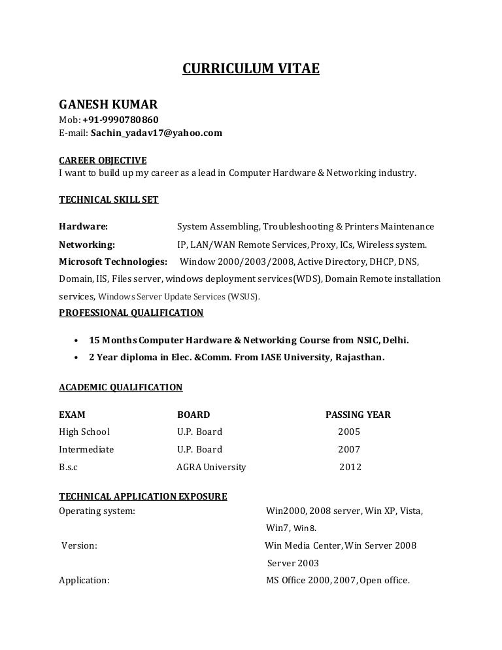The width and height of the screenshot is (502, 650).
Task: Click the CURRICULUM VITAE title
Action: click(250, 69)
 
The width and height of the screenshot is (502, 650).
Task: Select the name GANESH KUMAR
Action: click(108, 104)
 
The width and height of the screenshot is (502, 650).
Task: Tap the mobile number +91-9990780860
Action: click(120, 120)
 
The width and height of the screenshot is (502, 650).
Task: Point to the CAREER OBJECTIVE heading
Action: click(103, 160)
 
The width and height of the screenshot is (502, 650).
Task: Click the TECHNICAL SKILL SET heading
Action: click(109, 199)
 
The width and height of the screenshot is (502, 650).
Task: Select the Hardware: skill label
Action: click(83, 227)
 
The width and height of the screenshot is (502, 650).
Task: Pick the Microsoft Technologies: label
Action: click(112, 262)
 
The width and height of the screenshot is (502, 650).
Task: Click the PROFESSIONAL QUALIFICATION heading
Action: click(131, 313)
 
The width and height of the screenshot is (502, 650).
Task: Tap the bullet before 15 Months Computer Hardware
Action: click(77, 341)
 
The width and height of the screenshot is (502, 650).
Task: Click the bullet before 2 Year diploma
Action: click(77, 358)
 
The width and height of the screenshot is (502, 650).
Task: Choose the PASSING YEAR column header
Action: click(358, 415)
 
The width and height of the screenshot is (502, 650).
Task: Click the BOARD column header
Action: click(193, 415)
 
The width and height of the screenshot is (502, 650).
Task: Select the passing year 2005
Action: click(349, 432)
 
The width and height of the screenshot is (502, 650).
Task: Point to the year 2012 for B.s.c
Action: click(350, 467)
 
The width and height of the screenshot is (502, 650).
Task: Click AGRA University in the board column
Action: click(211, 467)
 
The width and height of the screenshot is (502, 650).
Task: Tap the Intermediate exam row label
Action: click(86, 449)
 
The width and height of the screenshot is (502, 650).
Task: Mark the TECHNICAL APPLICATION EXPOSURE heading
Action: click(142, 496)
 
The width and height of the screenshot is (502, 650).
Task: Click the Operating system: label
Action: click(97, 510)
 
